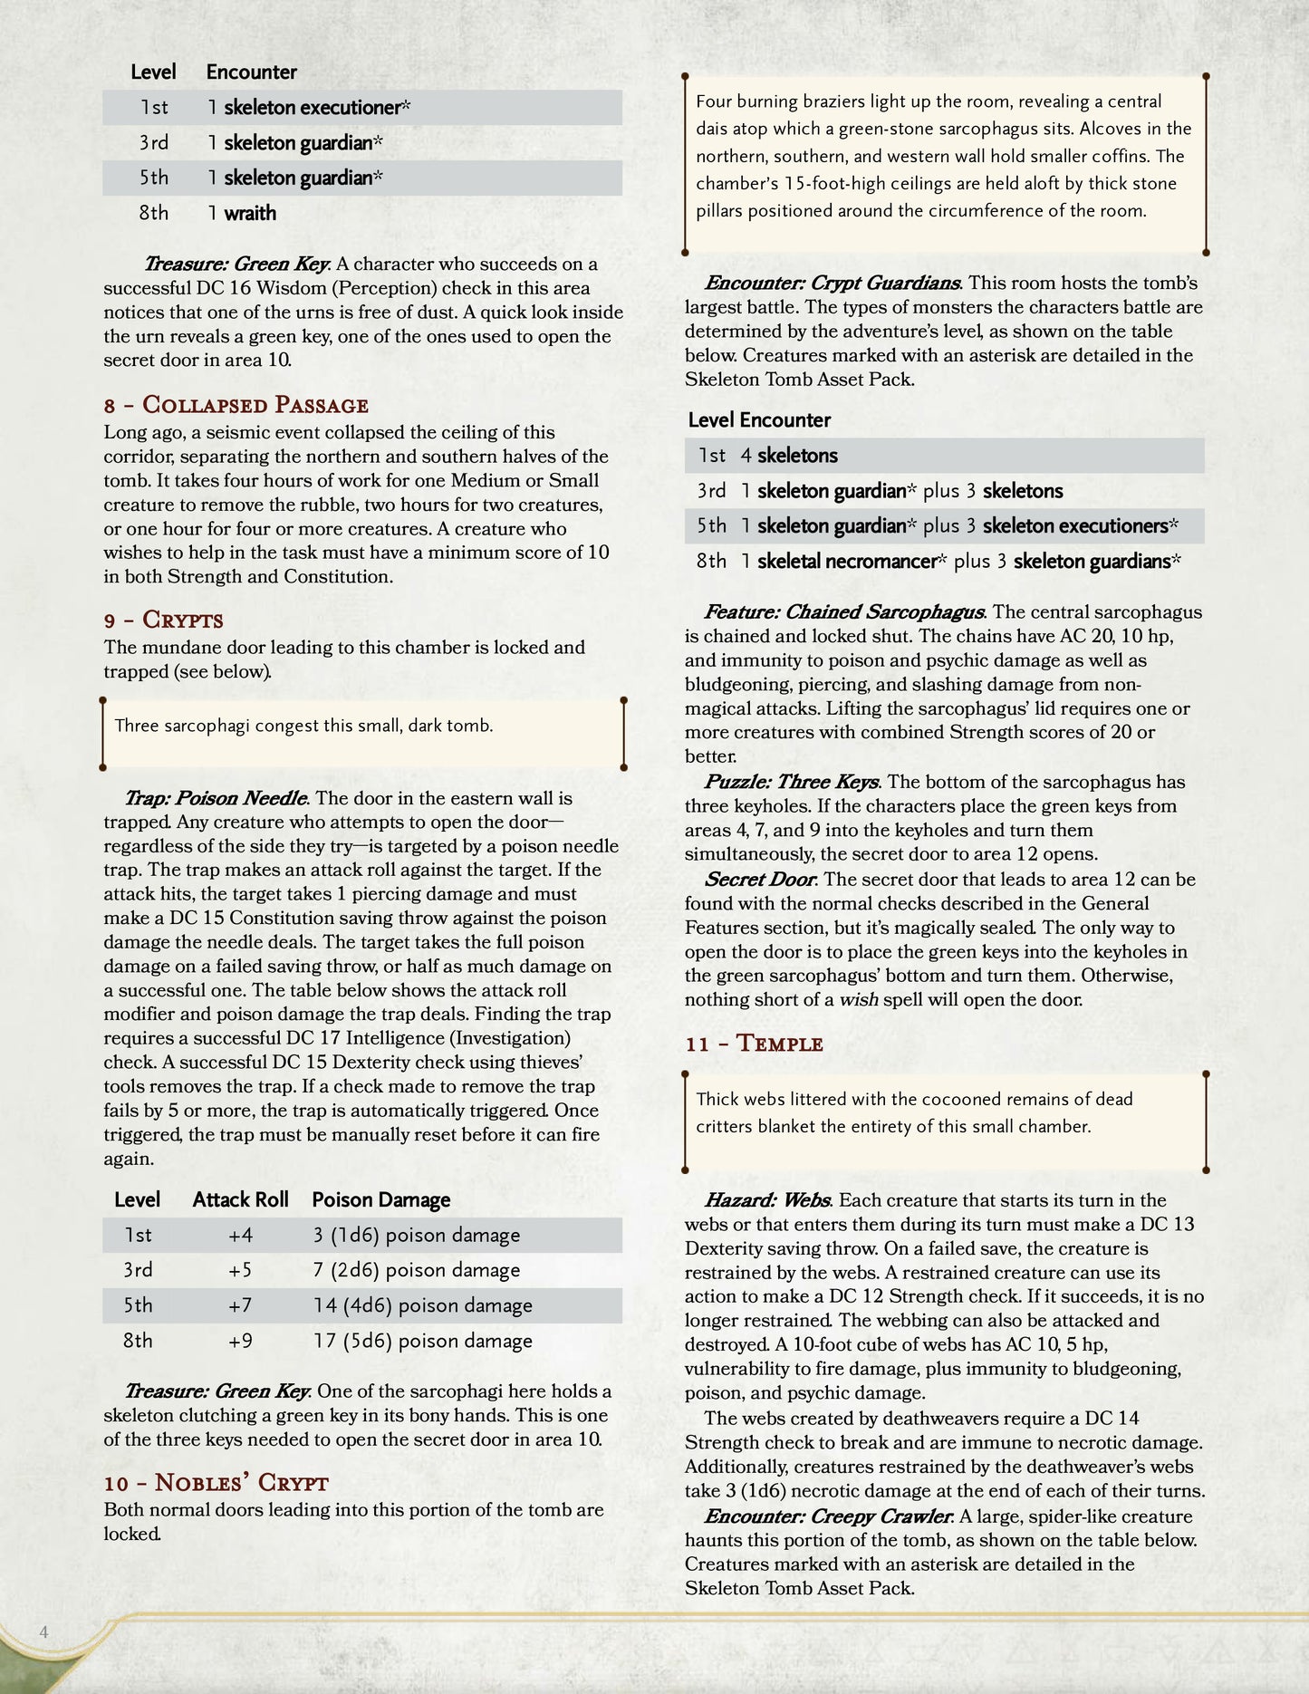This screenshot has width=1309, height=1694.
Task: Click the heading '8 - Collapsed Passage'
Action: (236, 405)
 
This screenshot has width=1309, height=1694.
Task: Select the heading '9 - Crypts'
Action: (163, 621)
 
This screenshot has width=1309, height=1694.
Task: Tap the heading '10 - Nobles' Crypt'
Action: (216, 1483)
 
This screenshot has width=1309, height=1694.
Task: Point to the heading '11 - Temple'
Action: (754, 1044)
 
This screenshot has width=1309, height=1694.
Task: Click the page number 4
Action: (43, 1632)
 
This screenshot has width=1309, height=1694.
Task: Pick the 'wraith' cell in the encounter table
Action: (249, 214)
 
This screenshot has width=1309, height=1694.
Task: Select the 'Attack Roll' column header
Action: (240, 1200)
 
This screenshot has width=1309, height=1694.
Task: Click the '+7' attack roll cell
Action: (240, 1306)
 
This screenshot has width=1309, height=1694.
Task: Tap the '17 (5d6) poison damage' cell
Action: (422, 1342)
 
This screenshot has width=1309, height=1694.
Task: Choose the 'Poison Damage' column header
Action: (380, 1200)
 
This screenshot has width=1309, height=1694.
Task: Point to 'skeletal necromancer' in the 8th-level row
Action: (845, 562)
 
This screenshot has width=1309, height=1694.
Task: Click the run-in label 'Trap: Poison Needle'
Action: (217, 799)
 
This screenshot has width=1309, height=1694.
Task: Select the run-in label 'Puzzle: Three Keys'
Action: (791, 783)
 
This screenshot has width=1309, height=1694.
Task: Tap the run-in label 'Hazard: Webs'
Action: (767, 1201)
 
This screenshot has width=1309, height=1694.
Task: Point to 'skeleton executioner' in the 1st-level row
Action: (312, 108)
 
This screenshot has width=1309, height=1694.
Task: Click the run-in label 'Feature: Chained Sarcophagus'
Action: (844, 612)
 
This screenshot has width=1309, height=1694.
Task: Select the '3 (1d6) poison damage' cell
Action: (416, 1236)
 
